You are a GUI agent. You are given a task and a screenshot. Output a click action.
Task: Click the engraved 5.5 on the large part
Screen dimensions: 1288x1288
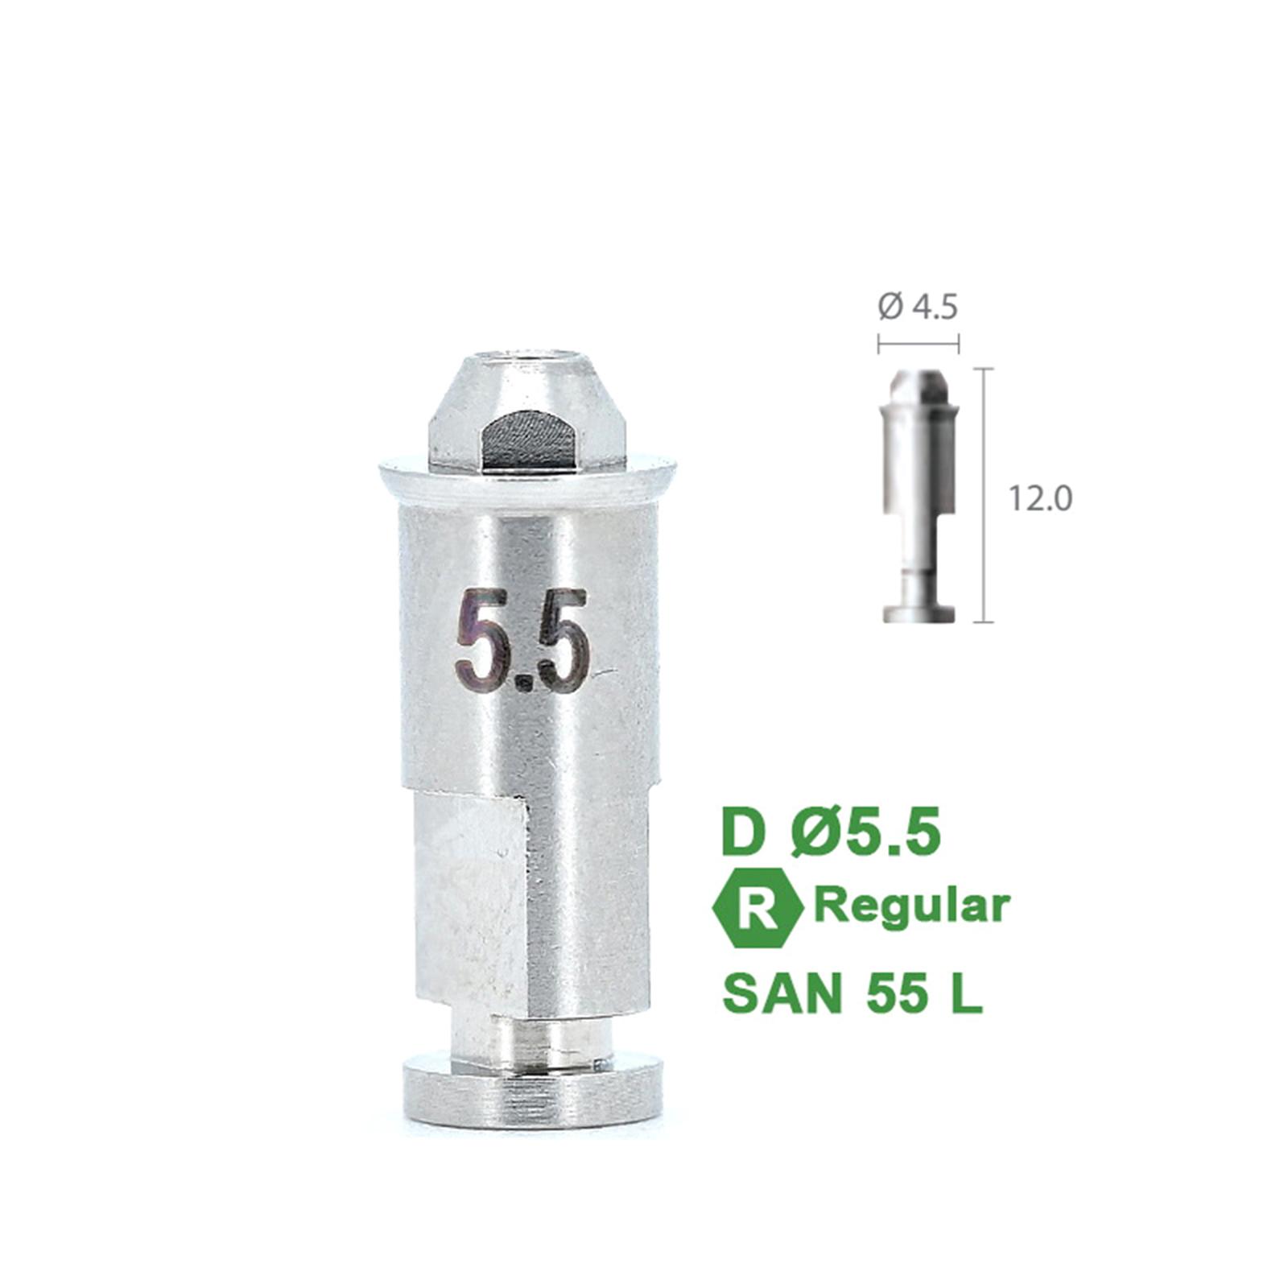pyautogui.click(x=522, y=641)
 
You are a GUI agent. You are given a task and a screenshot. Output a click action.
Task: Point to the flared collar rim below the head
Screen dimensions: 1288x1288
pyautogui.click(x=527, y=481)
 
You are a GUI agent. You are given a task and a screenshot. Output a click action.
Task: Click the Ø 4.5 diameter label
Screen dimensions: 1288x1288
pyautogui.click(x=918, y=307)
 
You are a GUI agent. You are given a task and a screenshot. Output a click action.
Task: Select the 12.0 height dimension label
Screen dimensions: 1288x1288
pyautogui.click(x=1040, y=499)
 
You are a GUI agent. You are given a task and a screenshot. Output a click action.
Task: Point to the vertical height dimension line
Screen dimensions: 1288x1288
pyautogui.click(x=984, y=495)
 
